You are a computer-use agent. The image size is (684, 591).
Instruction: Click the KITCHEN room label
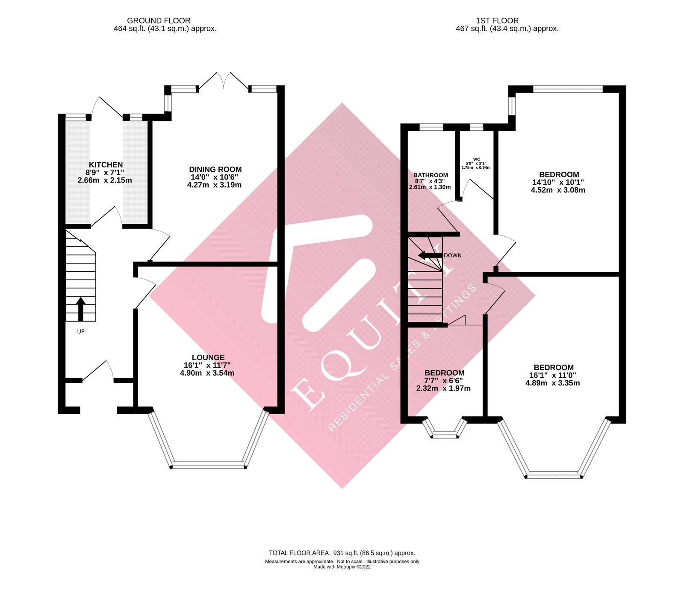pyautogui.click(x=106, y=165)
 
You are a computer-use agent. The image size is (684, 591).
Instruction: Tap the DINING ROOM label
pyautogui.click(x=215, y=170)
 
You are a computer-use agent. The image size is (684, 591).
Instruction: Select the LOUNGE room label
pyautogui.click(x=208, y=358)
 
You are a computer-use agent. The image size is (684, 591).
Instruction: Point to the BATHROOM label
pyautogui.click(x=430, y=175)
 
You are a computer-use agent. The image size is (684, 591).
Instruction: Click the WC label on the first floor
pyautogui.click(x=476, y=159)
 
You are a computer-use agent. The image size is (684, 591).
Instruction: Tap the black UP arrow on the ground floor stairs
pyautogui.click(x=81, y=309)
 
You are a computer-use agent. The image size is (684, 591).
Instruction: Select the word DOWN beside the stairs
pyautogui.click(x=453, y=256)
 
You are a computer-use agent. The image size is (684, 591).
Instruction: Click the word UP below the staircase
pyautogui.click(x=81, y=332)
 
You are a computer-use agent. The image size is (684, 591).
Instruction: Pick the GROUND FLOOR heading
pyautogui.click(x=159, y=21)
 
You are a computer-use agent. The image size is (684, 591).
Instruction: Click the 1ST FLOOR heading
pyautogui.click(x=497, y=21)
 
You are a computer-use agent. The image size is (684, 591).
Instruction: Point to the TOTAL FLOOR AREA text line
pyautogui.click(x=342, y=553)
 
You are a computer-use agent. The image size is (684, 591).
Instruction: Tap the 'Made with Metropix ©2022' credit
pyautogui.click(x=342, y=567)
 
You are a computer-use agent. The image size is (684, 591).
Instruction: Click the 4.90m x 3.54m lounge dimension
pyautogui.click(x=207, y=373)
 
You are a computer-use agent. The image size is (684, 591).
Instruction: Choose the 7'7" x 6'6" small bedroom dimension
pyautogui.click(x=443, y=381)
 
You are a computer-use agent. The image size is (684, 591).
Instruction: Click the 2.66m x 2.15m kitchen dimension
pyautogui.click(x=105, y=180)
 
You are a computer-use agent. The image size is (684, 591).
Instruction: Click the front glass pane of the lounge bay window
pyautogui.click(x=208, y=465)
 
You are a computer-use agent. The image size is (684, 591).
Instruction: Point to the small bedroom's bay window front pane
pyautogui.click(x=445, y=436)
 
